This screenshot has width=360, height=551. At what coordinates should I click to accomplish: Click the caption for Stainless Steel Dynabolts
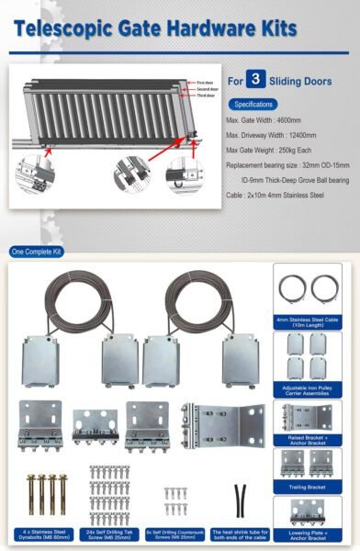(43, 534)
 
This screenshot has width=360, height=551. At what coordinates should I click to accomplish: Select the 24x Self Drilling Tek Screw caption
(107, 534)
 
